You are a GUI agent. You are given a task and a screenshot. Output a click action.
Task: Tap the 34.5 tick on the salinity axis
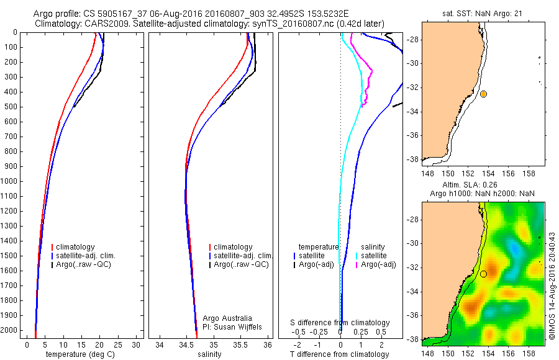186,344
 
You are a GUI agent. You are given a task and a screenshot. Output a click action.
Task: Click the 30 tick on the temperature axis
137,344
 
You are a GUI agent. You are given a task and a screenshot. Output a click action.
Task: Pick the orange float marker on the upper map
483,94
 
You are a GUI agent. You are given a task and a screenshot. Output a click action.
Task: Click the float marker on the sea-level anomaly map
483,273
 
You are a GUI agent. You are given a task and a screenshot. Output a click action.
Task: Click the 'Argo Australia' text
227,318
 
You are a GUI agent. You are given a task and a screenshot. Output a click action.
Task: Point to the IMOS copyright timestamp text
552,287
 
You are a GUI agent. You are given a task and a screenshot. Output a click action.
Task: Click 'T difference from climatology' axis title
340,354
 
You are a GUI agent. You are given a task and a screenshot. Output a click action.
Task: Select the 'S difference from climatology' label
340,323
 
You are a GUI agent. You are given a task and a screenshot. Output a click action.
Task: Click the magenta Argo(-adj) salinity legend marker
357,265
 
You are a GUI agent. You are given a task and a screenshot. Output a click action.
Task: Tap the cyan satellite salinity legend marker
357,256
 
